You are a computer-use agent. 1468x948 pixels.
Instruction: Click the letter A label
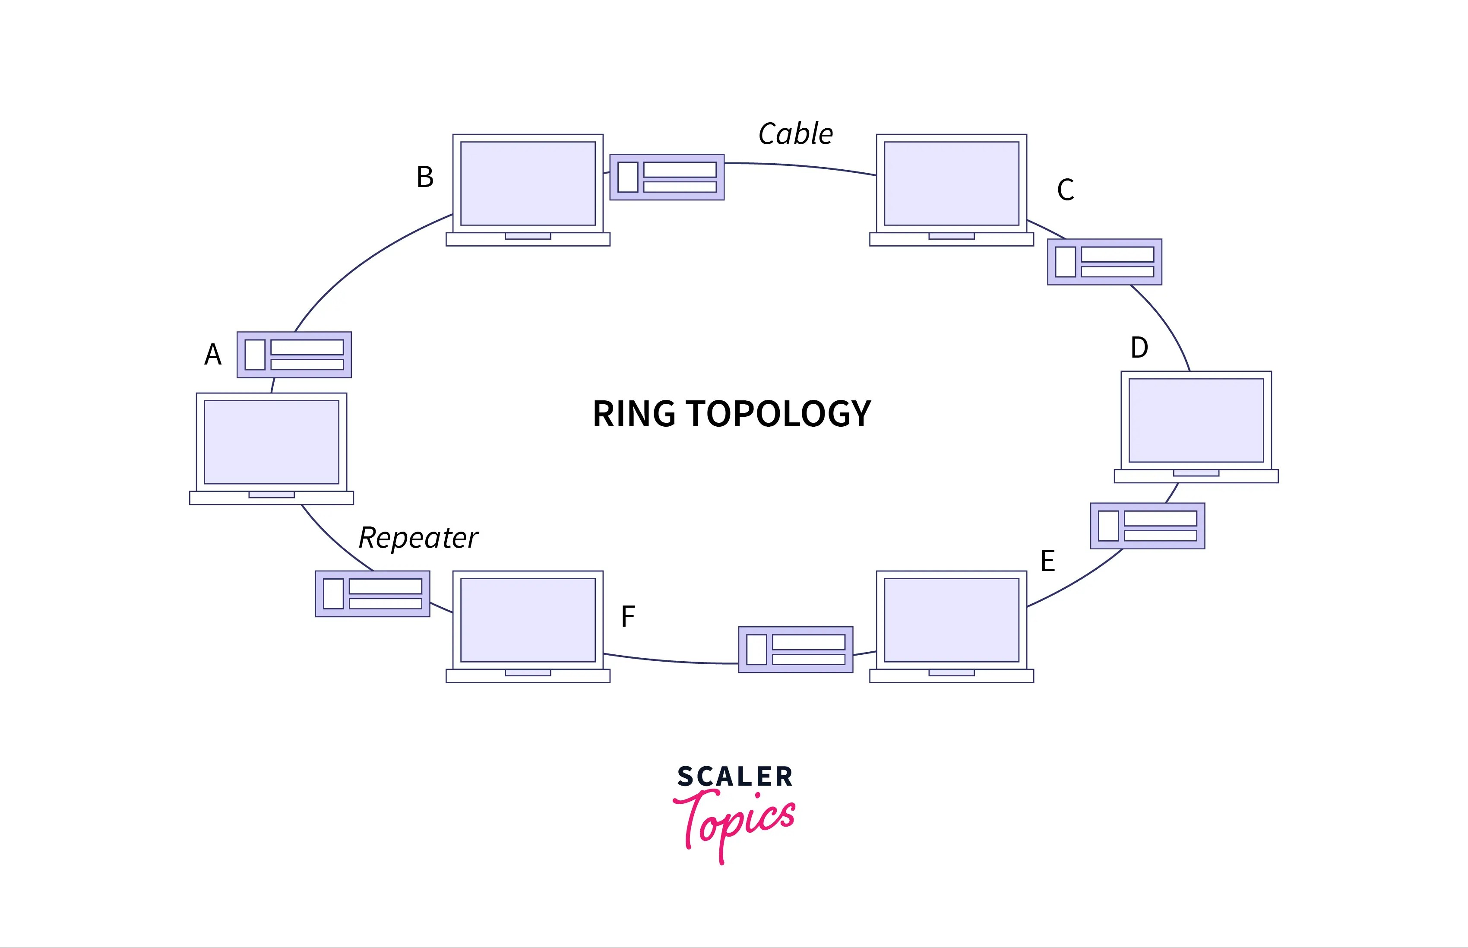pos(213,355)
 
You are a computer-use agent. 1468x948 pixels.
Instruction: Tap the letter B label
pos(425,177)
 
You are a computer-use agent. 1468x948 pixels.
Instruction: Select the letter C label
pos(1066,190)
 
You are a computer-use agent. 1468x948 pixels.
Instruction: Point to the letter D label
pos(1139,348)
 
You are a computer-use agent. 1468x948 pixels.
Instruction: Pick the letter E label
pos(1048,561)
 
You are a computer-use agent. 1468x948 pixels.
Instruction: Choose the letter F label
pos(627,617)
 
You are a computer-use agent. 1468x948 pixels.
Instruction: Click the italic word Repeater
pos(418,538)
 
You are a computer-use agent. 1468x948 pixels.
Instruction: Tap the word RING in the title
pos(634,414)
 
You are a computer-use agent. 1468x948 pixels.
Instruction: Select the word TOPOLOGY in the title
pos(778,414)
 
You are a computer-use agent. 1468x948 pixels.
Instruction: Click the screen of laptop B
pos(528,184)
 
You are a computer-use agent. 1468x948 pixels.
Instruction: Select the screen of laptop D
pos(1196,420)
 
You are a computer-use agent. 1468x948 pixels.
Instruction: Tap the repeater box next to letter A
pos(294,355)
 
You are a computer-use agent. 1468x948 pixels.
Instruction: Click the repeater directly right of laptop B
pos(667,177)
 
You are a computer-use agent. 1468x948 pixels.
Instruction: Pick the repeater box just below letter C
pos(1104,262)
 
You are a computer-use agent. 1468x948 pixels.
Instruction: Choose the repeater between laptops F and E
pos(795,650)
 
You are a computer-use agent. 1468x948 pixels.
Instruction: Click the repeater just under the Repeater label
pos(372,594)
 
